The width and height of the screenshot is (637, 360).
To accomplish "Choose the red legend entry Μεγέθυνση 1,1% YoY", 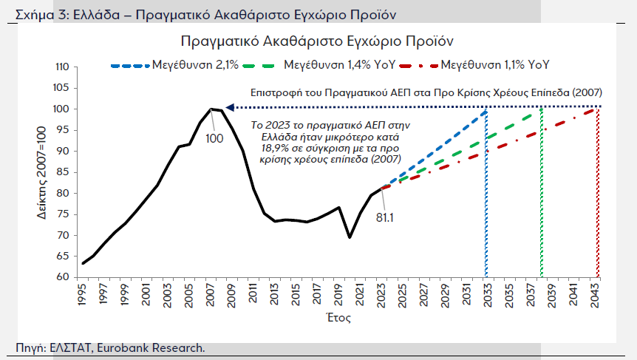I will pos(494,65).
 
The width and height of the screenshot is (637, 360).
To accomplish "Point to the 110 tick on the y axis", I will pos(62,67).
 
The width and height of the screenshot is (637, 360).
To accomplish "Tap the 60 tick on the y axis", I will pos(64,278).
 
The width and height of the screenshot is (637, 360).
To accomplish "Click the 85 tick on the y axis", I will pos(64,172).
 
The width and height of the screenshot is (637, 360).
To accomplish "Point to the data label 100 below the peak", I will pos(214,138).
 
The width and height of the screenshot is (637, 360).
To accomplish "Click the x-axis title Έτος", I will pos(339,319).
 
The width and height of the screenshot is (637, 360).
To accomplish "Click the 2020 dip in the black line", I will pos(350,237).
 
